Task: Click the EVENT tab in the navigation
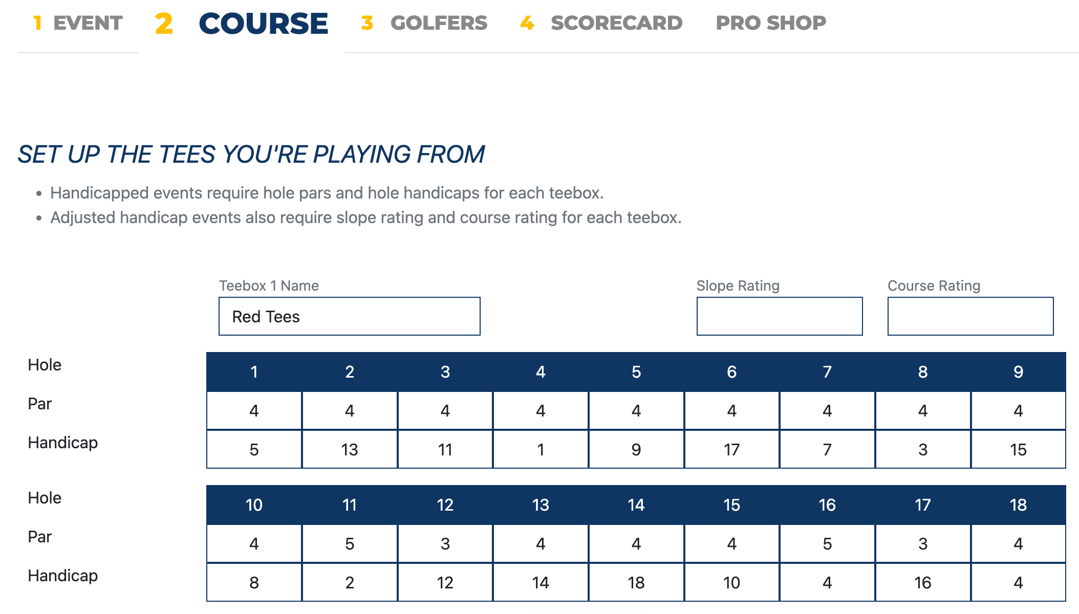point(78,23)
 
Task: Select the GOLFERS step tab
point(424,23)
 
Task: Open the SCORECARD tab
point(601,23)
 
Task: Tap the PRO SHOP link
point(771,23)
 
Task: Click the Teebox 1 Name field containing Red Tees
point(349,316)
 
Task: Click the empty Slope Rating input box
point(779,316)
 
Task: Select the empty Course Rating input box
point(970,316)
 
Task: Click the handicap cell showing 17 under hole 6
point(731,449)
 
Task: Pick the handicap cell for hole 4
point(541,449)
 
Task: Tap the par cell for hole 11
point(350,543)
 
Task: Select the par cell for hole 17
point(922,543)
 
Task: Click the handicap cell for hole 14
point(636,582)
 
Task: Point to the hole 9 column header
point(1018,372)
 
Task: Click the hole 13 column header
point(541,505)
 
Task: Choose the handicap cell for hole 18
point(1018,582)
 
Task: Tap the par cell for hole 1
point(254,410)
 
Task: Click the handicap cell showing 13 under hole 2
point(350,449)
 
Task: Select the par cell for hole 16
point(827,543)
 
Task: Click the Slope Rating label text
point(738,286)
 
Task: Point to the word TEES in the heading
point(187,155)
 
